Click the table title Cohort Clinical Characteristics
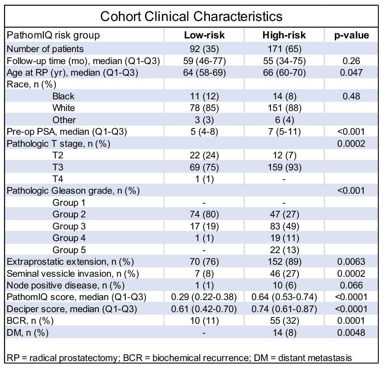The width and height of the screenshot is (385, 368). point(191,16)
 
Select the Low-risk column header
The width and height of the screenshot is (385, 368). point(204,35)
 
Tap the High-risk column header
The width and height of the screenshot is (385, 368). point(284,35)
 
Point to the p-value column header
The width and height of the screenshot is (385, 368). point(351,35)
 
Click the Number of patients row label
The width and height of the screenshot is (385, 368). point(45,49)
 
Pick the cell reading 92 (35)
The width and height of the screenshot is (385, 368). point(204,49)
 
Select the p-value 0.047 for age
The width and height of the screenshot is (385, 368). point(351,73)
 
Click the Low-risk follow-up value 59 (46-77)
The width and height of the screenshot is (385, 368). point(204,61)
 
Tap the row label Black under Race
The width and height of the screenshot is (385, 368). point(63,96)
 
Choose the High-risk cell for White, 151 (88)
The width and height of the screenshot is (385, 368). point(284,108)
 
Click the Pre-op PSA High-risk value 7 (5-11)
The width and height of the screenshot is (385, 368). point(284,132)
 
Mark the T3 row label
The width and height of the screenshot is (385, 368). point(58,167)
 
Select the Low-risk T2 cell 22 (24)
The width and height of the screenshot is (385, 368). point(204,155)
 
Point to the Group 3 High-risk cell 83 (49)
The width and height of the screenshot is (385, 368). point(284,226)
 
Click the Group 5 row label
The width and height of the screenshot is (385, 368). point(69,250)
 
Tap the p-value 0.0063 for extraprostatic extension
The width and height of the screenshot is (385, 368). point(351,262)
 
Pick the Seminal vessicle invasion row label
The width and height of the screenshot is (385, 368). point(73,273)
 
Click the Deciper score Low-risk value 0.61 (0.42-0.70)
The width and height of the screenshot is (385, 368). point(204,309)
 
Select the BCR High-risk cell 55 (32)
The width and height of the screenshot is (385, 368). point(284,321)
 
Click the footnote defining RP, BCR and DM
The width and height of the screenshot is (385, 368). point(179,358)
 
